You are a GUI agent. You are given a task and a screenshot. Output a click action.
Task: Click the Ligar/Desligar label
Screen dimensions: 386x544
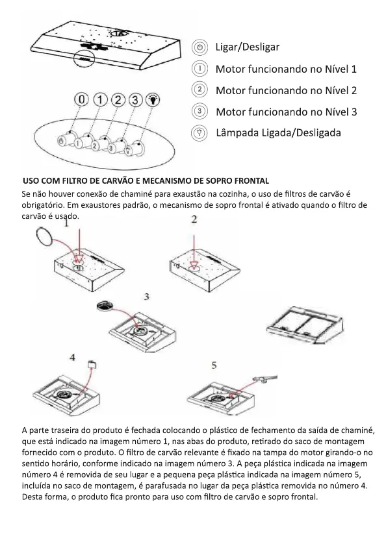pos(248,47)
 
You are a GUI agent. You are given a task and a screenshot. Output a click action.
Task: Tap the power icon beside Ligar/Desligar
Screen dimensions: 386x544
pos(199,47)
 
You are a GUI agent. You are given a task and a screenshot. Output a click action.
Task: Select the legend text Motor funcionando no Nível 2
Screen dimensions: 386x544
pos(287,90)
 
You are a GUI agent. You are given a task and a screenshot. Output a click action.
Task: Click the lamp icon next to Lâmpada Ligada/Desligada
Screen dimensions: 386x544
pos(199,133)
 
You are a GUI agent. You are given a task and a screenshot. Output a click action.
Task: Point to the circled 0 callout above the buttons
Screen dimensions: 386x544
pos(81,100)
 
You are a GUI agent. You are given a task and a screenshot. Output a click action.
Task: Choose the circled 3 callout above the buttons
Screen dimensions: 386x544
pos(135,100)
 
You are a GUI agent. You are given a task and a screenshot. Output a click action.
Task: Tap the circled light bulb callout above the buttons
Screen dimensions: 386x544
pos(153,100)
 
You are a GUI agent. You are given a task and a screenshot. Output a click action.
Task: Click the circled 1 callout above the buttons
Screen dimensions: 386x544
pos(99,100)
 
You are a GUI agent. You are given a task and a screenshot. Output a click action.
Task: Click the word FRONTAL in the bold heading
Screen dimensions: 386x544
pos(251,180)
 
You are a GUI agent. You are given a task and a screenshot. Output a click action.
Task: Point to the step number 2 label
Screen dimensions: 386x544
pos(194,219)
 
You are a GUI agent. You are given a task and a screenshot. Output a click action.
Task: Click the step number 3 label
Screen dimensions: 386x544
pos(146,297)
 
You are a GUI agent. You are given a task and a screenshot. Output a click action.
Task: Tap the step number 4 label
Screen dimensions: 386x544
pos(72,357)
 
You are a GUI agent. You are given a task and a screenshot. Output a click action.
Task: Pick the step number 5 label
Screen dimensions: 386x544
pos(214,365)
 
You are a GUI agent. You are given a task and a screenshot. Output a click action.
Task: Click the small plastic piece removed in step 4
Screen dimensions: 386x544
pos(92,365)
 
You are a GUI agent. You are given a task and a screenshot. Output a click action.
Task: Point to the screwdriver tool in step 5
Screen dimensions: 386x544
pos(265,379)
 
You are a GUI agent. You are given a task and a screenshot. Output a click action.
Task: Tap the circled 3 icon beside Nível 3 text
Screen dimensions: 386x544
pos(199,112)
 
